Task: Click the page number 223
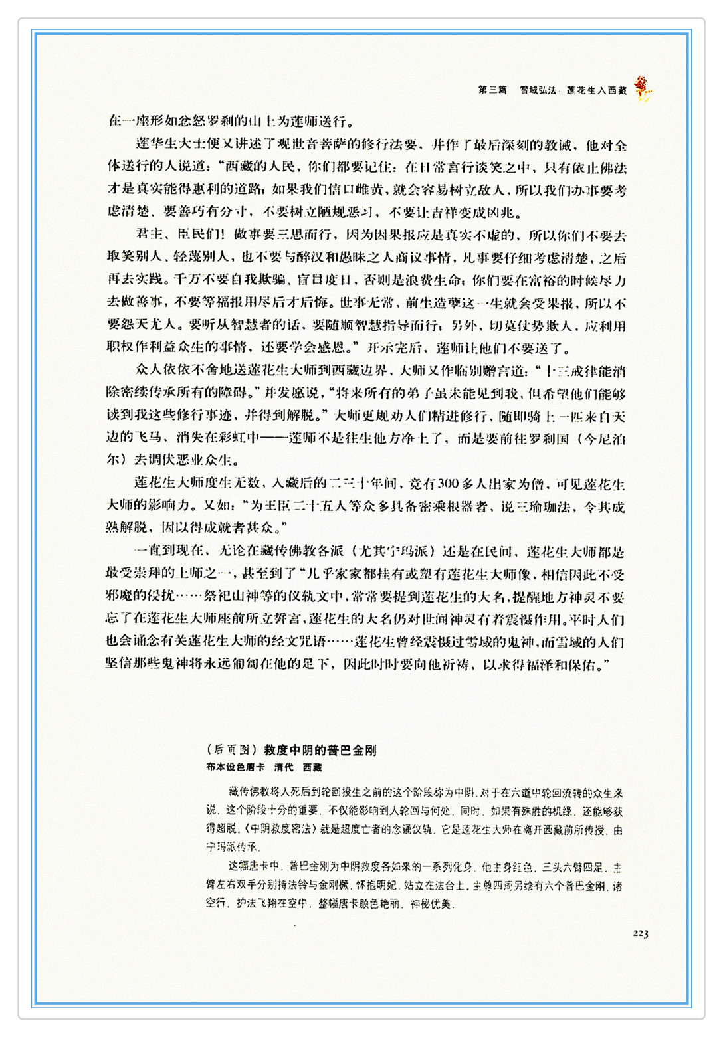[640, 933]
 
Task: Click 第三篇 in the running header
[492, 90]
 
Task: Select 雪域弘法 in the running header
[538, 90]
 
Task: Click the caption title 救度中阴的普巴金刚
[320, 750]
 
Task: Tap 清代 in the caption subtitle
[284, 767]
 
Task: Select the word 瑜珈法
[545, 506]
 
